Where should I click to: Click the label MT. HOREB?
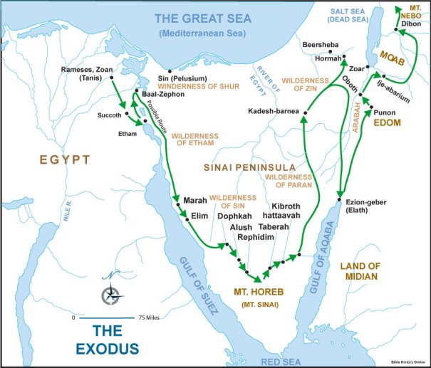(256, 292)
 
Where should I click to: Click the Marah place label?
(194, 200)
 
